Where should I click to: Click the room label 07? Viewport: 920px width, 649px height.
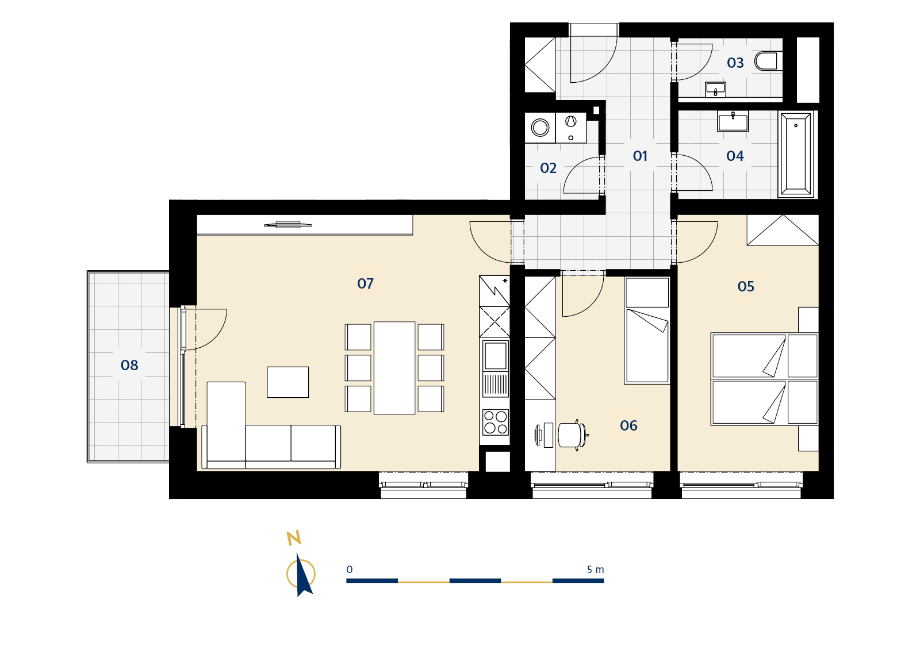point(365,283)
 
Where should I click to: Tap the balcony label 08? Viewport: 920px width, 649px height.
point(129,365)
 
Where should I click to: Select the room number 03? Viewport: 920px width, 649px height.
point(735,63)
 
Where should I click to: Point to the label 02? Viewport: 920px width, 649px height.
point(549,168)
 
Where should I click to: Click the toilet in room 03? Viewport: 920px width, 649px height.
point(768,61)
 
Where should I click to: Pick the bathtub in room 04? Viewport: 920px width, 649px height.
point(796,154)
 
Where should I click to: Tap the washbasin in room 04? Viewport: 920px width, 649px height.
point(733,121)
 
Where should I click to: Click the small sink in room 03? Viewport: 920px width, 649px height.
point(715,90)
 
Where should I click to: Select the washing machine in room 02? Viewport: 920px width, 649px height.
point(540,128)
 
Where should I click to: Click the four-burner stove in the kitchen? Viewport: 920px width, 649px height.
point(495,422)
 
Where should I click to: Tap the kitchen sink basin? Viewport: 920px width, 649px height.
point(495,356)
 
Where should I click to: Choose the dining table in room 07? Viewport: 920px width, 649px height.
point(394,368)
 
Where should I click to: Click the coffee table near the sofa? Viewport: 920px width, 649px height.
point(288,382)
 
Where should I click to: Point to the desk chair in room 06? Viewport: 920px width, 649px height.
point(573,435)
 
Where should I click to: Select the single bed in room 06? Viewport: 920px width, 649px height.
point(647,331)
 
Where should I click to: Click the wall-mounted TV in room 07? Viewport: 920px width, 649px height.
point(288,225)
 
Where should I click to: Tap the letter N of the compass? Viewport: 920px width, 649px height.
point(294,537)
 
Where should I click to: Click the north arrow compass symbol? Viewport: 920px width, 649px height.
point(301,574)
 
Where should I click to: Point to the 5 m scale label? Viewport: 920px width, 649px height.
point(595,570)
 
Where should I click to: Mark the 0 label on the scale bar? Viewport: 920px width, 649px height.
point(350,570)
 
